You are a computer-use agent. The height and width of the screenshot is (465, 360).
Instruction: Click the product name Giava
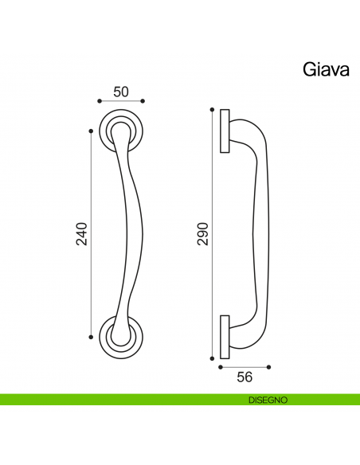325,68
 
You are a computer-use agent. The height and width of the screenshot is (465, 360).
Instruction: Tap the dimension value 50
120,91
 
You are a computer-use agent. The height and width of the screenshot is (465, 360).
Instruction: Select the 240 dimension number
81,232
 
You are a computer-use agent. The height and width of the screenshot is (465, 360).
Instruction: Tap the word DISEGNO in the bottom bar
267,399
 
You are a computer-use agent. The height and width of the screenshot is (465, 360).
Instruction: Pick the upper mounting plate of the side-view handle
225,131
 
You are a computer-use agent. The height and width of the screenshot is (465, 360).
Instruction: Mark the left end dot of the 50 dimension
98,102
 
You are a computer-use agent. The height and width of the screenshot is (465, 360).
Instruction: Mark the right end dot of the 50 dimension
143,102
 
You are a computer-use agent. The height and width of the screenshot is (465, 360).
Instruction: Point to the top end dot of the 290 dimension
212,109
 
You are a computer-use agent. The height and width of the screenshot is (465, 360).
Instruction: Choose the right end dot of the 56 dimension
269,367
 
